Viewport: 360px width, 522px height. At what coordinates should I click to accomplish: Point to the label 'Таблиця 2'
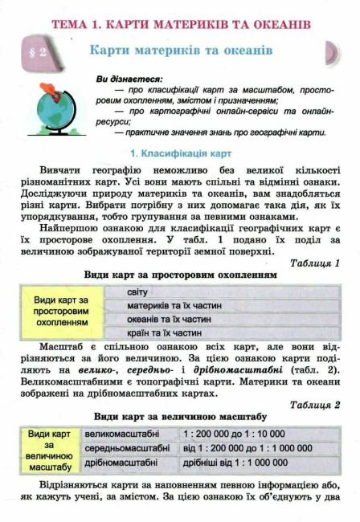(314, 404)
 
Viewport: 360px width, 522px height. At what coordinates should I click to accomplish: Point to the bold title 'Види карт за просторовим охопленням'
(180, 275)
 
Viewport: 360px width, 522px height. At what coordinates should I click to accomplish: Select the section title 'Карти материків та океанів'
(182, 50)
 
